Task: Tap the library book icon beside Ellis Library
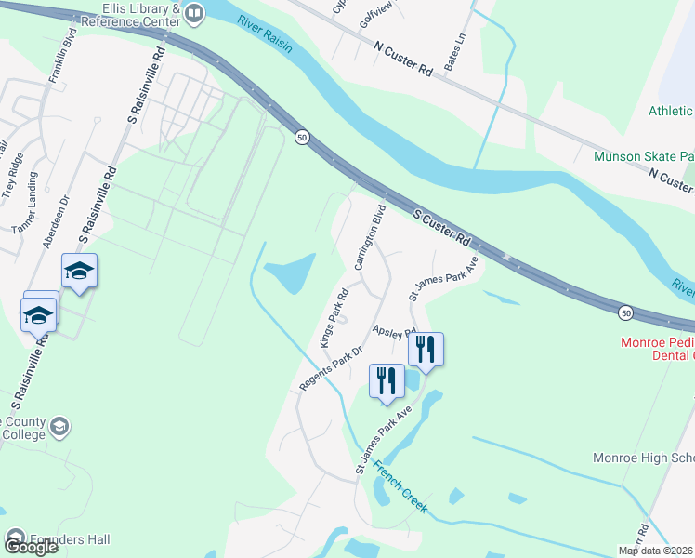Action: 194,13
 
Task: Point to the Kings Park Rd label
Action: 333,318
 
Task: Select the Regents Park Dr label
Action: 329,367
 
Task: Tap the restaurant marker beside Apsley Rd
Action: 426,350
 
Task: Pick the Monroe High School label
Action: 643,458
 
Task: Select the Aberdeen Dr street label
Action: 56,220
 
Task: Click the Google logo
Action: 30,547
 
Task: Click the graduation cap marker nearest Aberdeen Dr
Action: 79,271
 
